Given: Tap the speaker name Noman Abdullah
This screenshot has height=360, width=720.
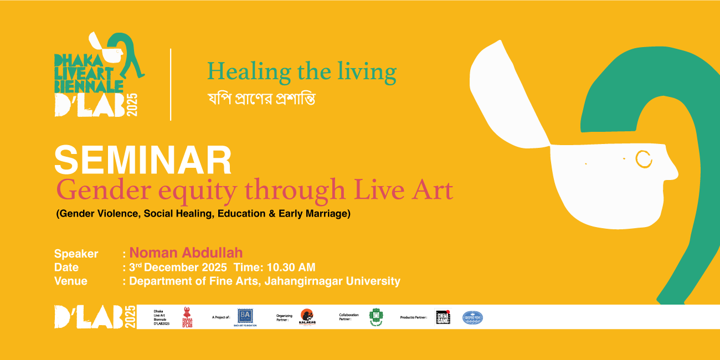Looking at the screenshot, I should [x=186, y=253].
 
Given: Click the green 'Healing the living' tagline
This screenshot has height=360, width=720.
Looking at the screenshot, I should [x=302, y=72].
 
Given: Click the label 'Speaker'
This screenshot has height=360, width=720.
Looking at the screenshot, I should [x=76, y=254].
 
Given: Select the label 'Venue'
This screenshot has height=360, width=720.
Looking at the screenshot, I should [x=70, y=281].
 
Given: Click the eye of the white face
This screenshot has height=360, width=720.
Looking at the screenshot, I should [x=644, y=159].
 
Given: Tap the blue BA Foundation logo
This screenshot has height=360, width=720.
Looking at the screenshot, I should [x=245, y=316].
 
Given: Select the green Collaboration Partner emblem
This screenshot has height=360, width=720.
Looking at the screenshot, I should [x=376, y=317].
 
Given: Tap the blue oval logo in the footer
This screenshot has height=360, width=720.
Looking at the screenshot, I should [x=472, y=317].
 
